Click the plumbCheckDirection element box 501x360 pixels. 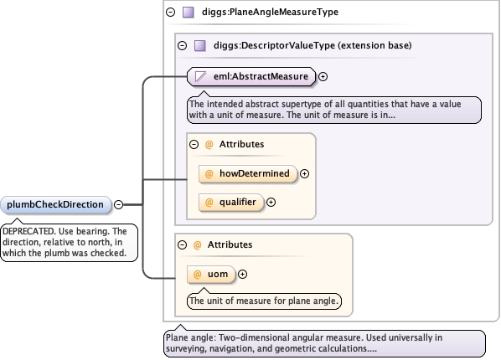click(56, 204)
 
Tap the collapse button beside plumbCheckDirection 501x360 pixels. click(118, 204)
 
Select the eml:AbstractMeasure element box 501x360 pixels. click(251, 77)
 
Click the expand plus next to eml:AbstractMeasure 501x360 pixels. click(323, 77)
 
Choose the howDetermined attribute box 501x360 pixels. click(248, 174)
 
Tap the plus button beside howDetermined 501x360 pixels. click(304, 174)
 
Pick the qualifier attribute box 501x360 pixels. click(231, 203)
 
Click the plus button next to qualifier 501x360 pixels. click(271, 203)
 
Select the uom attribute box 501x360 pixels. click(211, 274)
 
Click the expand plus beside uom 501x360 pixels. click(242, 274)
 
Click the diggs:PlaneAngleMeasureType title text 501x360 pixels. click(270, 12)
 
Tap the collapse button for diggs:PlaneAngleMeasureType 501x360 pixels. click(171, 12)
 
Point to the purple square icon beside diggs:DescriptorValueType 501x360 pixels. click(200, 46)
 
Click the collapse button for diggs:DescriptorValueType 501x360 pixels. click(182, 46)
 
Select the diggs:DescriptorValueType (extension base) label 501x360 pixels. click(312, 45)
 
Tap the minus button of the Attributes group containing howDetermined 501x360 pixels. click(194, 144)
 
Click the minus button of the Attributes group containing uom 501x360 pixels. click(182, 245)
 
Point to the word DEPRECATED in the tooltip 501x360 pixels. click(28, 231)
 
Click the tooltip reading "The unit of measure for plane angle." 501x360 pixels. click(264, 301)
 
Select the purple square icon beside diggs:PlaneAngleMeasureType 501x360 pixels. click(189, 13)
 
